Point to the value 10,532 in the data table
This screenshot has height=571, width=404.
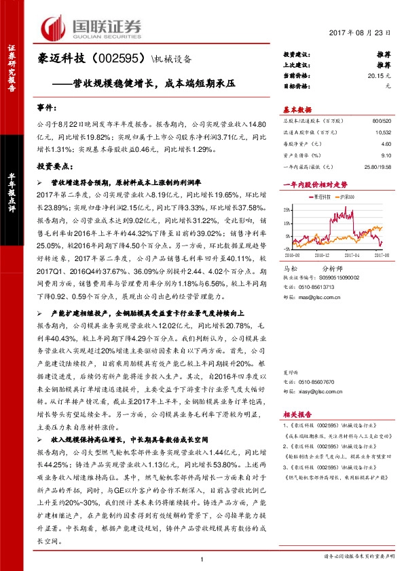pyautogui.click(x=382, y=132)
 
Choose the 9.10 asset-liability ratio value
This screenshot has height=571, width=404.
pyautogui.click(x=386, y=155)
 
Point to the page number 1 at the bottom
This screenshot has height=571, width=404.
pyautogui.click(x=202, y=557)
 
